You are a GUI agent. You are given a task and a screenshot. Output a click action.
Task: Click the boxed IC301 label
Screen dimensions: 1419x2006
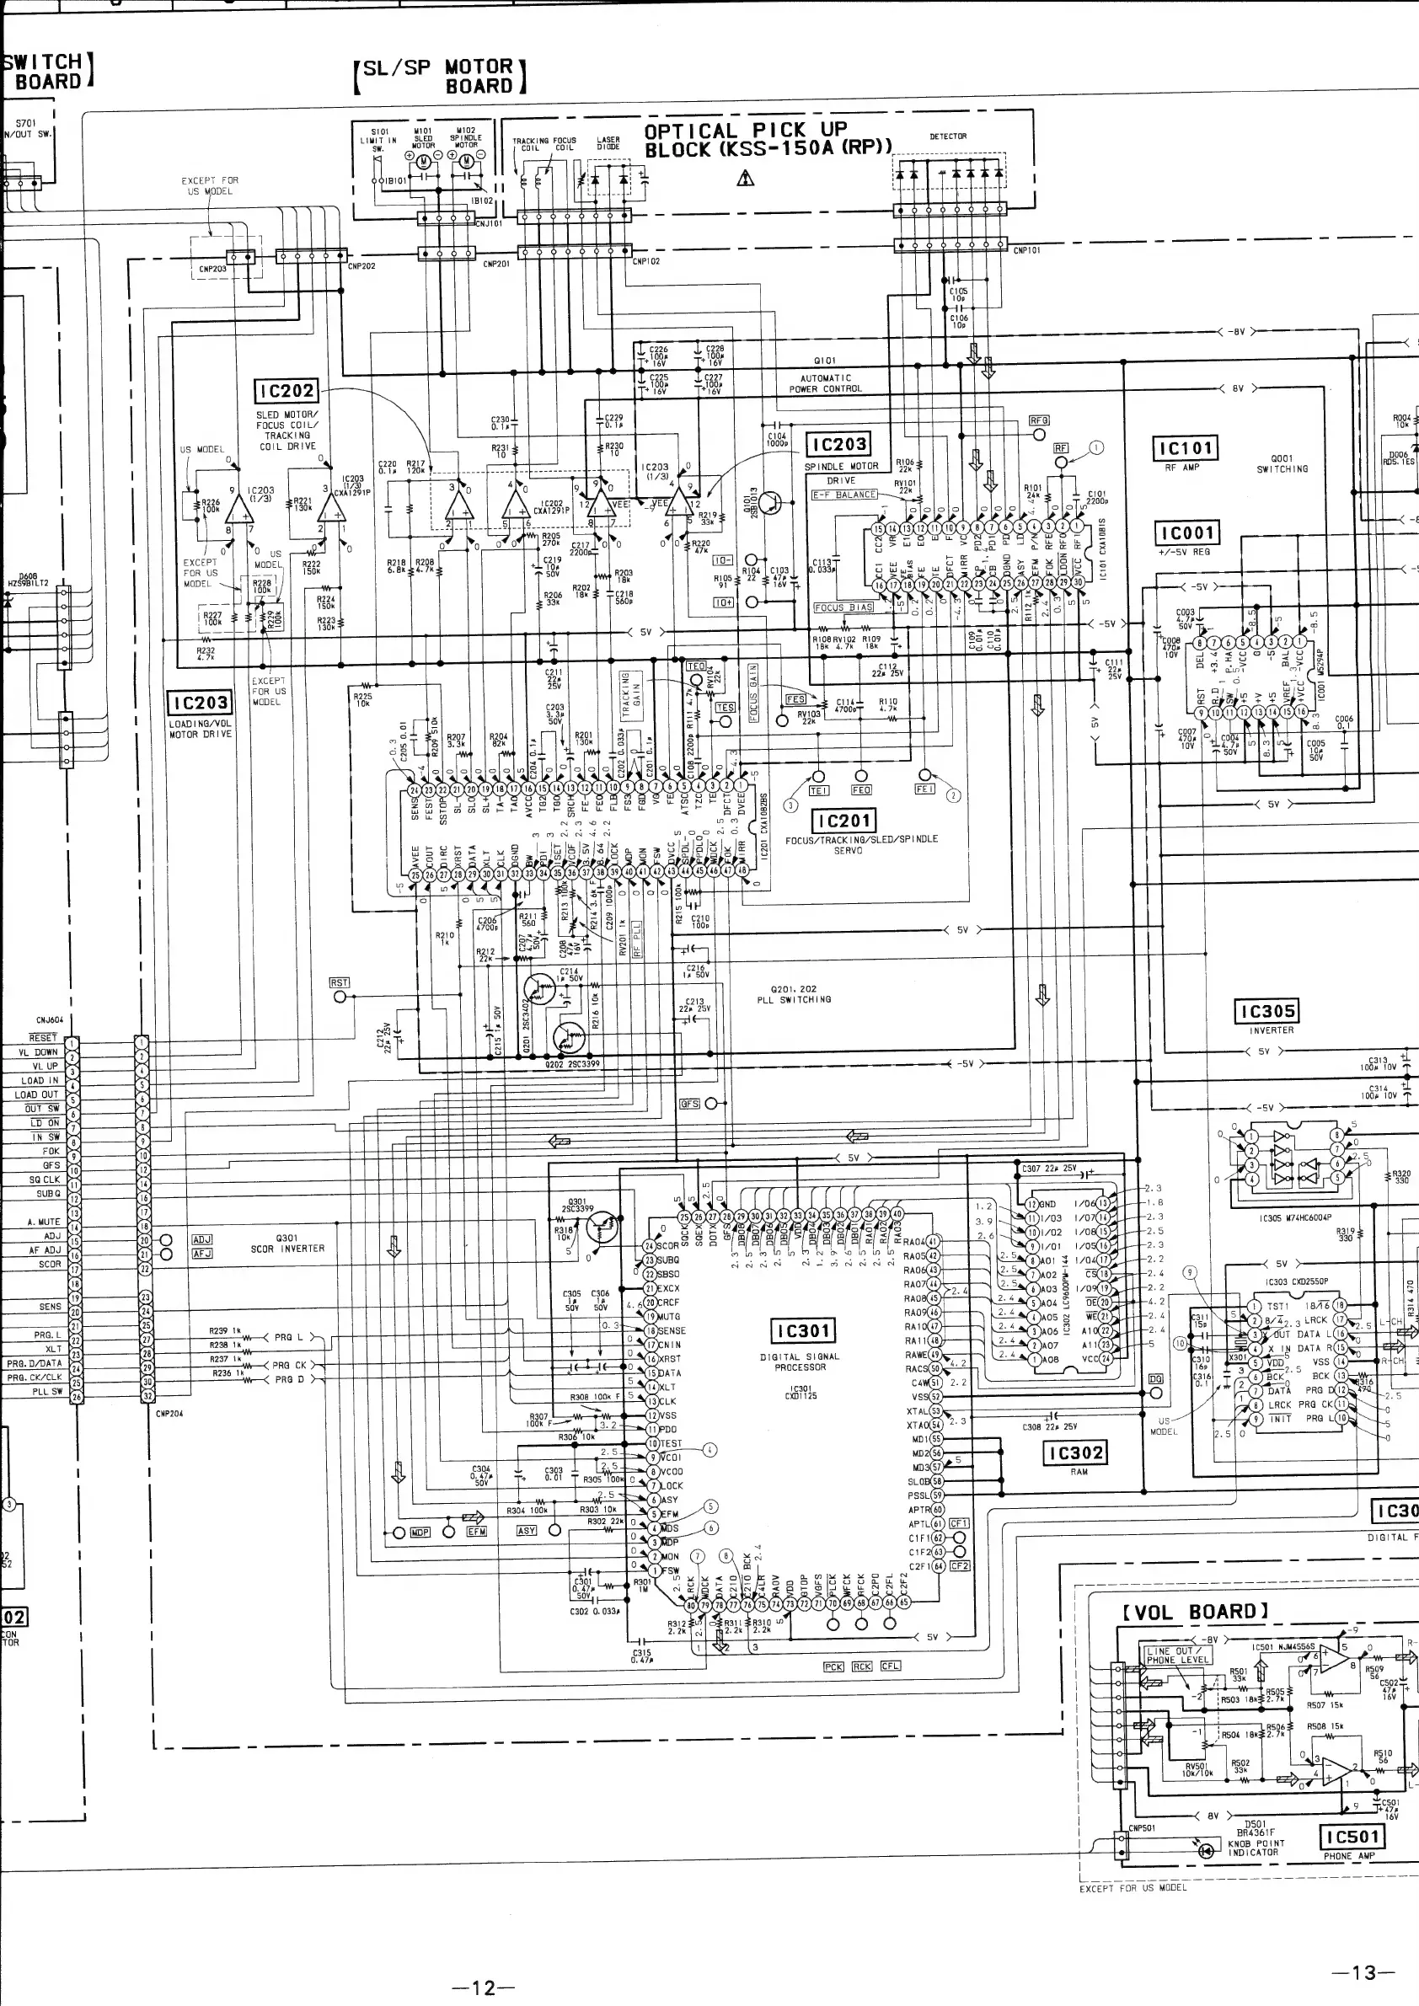point(802,1331)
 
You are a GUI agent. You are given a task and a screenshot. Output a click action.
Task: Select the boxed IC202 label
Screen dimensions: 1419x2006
point(286,392)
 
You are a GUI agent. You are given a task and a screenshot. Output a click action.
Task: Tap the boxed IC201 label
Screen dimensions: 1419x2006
point(843,821)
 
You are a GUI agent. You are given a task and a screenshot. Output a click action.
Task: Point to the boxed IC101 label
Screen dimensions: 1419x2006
point(1185,449)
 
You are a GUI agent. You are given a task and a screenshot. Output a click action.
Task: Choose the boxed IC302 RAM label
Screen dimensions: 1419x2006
point(1074,1453)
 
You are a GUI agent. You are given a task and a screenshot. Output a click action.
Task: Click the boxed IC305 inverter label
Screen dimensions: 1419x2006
point(1266,1012)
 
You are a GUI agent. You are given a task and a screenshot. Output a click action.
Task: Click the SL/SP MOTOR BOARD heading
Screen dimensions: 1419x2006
point(440,76)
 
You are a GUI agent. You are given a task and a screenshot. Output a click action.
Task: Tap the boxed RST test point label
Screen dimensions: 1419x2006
point(339,983)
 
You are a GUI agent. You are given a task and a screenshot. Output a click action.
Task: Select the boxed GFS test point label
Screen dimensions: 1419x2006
point(689,1104)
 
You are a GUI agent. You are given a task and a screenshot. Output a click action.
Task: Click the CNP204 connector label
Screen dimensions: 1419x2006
point(168,1413)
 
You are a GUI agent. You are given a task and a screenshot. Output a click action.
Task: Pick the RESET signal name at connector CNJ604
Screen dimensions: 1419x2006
point(44,1038)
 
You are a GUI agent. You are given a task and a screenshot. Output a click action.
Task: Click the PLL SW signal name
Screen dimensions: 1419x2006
point(47,1392)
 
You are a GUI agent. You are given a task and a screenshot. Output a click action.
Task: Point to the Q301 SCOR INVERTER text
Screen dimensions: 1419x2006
point(286,1244)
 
